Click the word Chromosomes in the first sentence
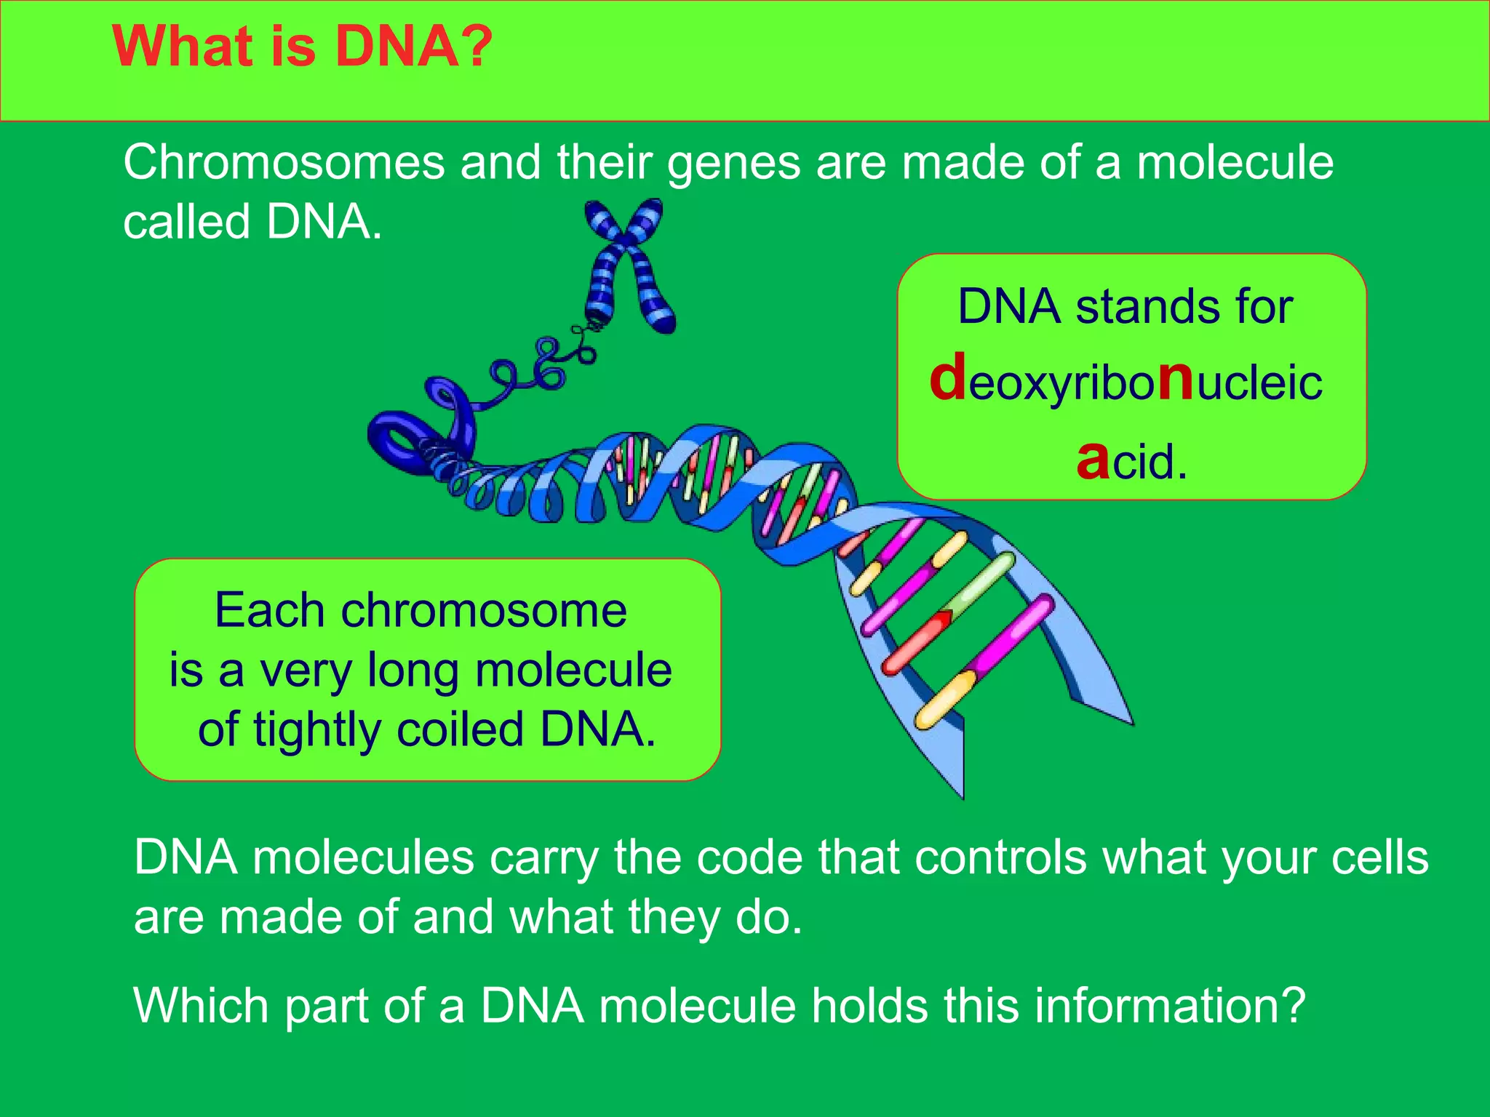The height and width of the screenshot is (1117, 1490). tap(284, 162)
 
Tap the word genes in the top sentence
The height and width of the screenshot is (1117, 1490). tap(733, 164)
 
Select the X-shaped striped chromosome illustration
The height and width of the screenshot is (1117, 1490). tap(629, 265)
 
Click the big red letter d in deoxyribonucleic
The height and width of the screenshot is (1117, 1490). tap(948, 377)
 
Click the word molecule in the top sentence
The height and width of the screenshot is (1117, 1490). tap(1235, 162)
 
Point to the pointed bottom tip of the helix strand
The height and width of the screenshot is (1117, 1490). tap(963, 797)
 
